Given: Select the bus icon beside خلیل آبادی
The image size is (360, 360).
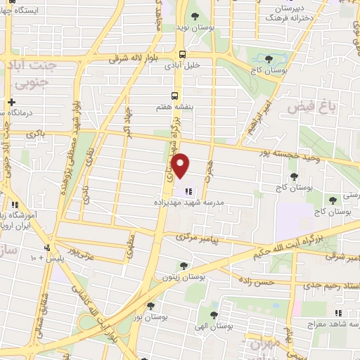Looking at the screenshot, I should coord(183,54).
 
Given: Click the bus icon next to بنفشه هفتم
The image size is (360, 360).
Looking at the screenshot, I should coord(175,97).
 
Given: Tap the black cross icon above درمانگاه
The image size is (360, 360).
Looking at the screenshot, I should coord(11,103).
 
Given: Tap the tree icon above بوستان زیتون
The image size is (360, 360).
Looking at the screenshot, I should coord(184,266).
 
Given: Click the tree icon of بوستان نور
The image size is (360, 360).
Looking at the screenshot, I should coord(150,305).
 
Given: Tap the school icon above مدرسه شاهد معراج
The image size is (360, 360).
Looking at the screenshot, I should coord(338,314).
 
